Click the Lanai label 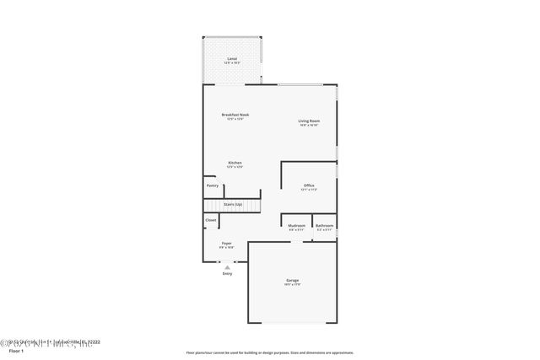point(231,58)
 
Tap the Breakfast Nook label point(235,115)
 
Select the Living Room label point(309,121)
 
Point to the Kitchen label point(235,163)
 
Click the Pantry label point(212,185)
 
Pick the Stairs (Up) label point(233,204)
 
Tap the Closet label point(211,220)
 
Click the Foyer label point(226,243)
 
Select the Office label point(309,185)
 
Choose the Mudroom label point(296,225)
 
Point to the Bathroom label point(324,225)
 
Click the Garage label point(292,280)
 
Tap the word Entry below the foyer point(227,274)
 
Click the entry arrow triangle point(227,266)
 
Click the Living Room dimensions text point(309,126)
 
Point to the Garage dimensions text point(292,285)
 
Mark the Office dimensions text point(309,191)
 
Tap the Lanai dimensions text point(231,63)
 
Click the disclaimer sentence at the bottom point(270,353)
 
